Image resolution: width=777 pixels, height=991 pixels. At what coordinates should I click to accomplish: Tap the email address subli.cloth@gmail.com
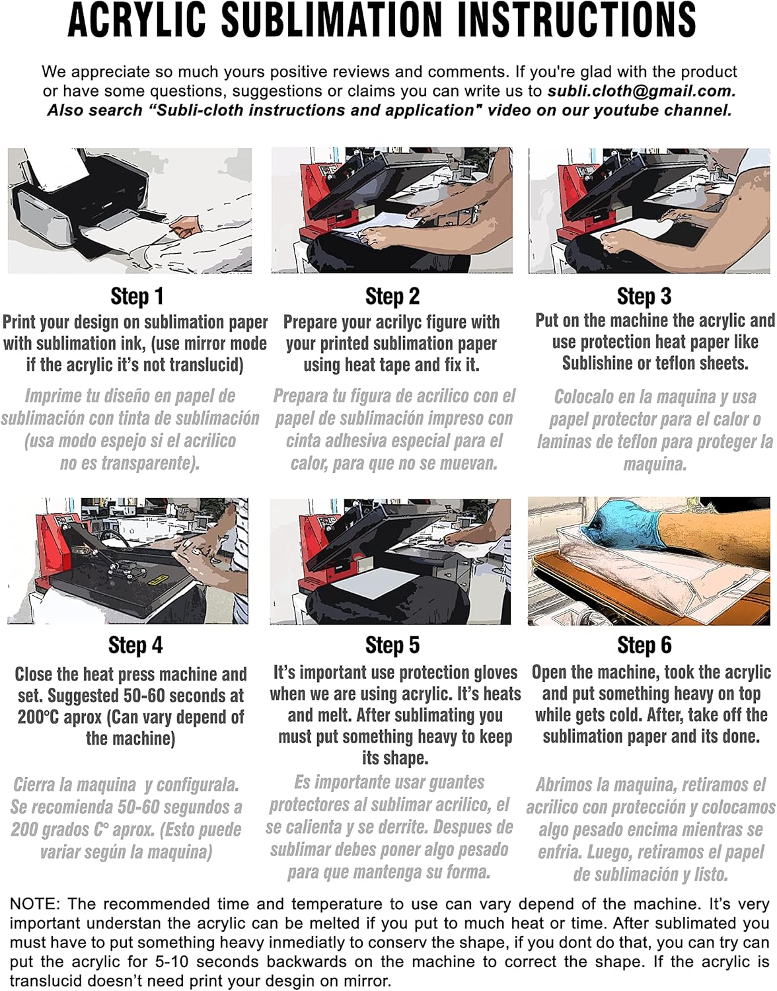tap(642, 91)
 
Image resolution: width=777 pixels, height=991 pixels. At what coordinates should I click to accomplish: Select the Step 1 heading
tap(137, 297)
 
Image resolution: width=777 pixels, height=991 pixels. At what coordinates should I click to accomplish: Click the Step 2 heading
tap(392, 297)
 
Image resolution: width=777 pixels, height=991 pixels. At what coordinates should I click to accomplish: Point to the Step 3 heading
tap(644, 297)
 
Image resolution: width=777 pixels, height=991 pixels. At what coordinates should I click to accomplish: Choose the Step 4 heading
tap(135, 645)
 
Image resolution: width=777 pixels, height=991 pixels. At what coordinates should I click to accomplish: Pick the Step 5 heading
tap(392, 645)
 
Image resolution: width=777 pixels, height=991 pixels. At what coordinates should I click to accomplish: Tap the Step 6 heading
tap(644, 645)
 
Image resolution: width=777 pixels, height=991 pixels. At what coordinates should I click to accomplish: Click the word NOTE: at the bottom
tap(34, 903)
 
